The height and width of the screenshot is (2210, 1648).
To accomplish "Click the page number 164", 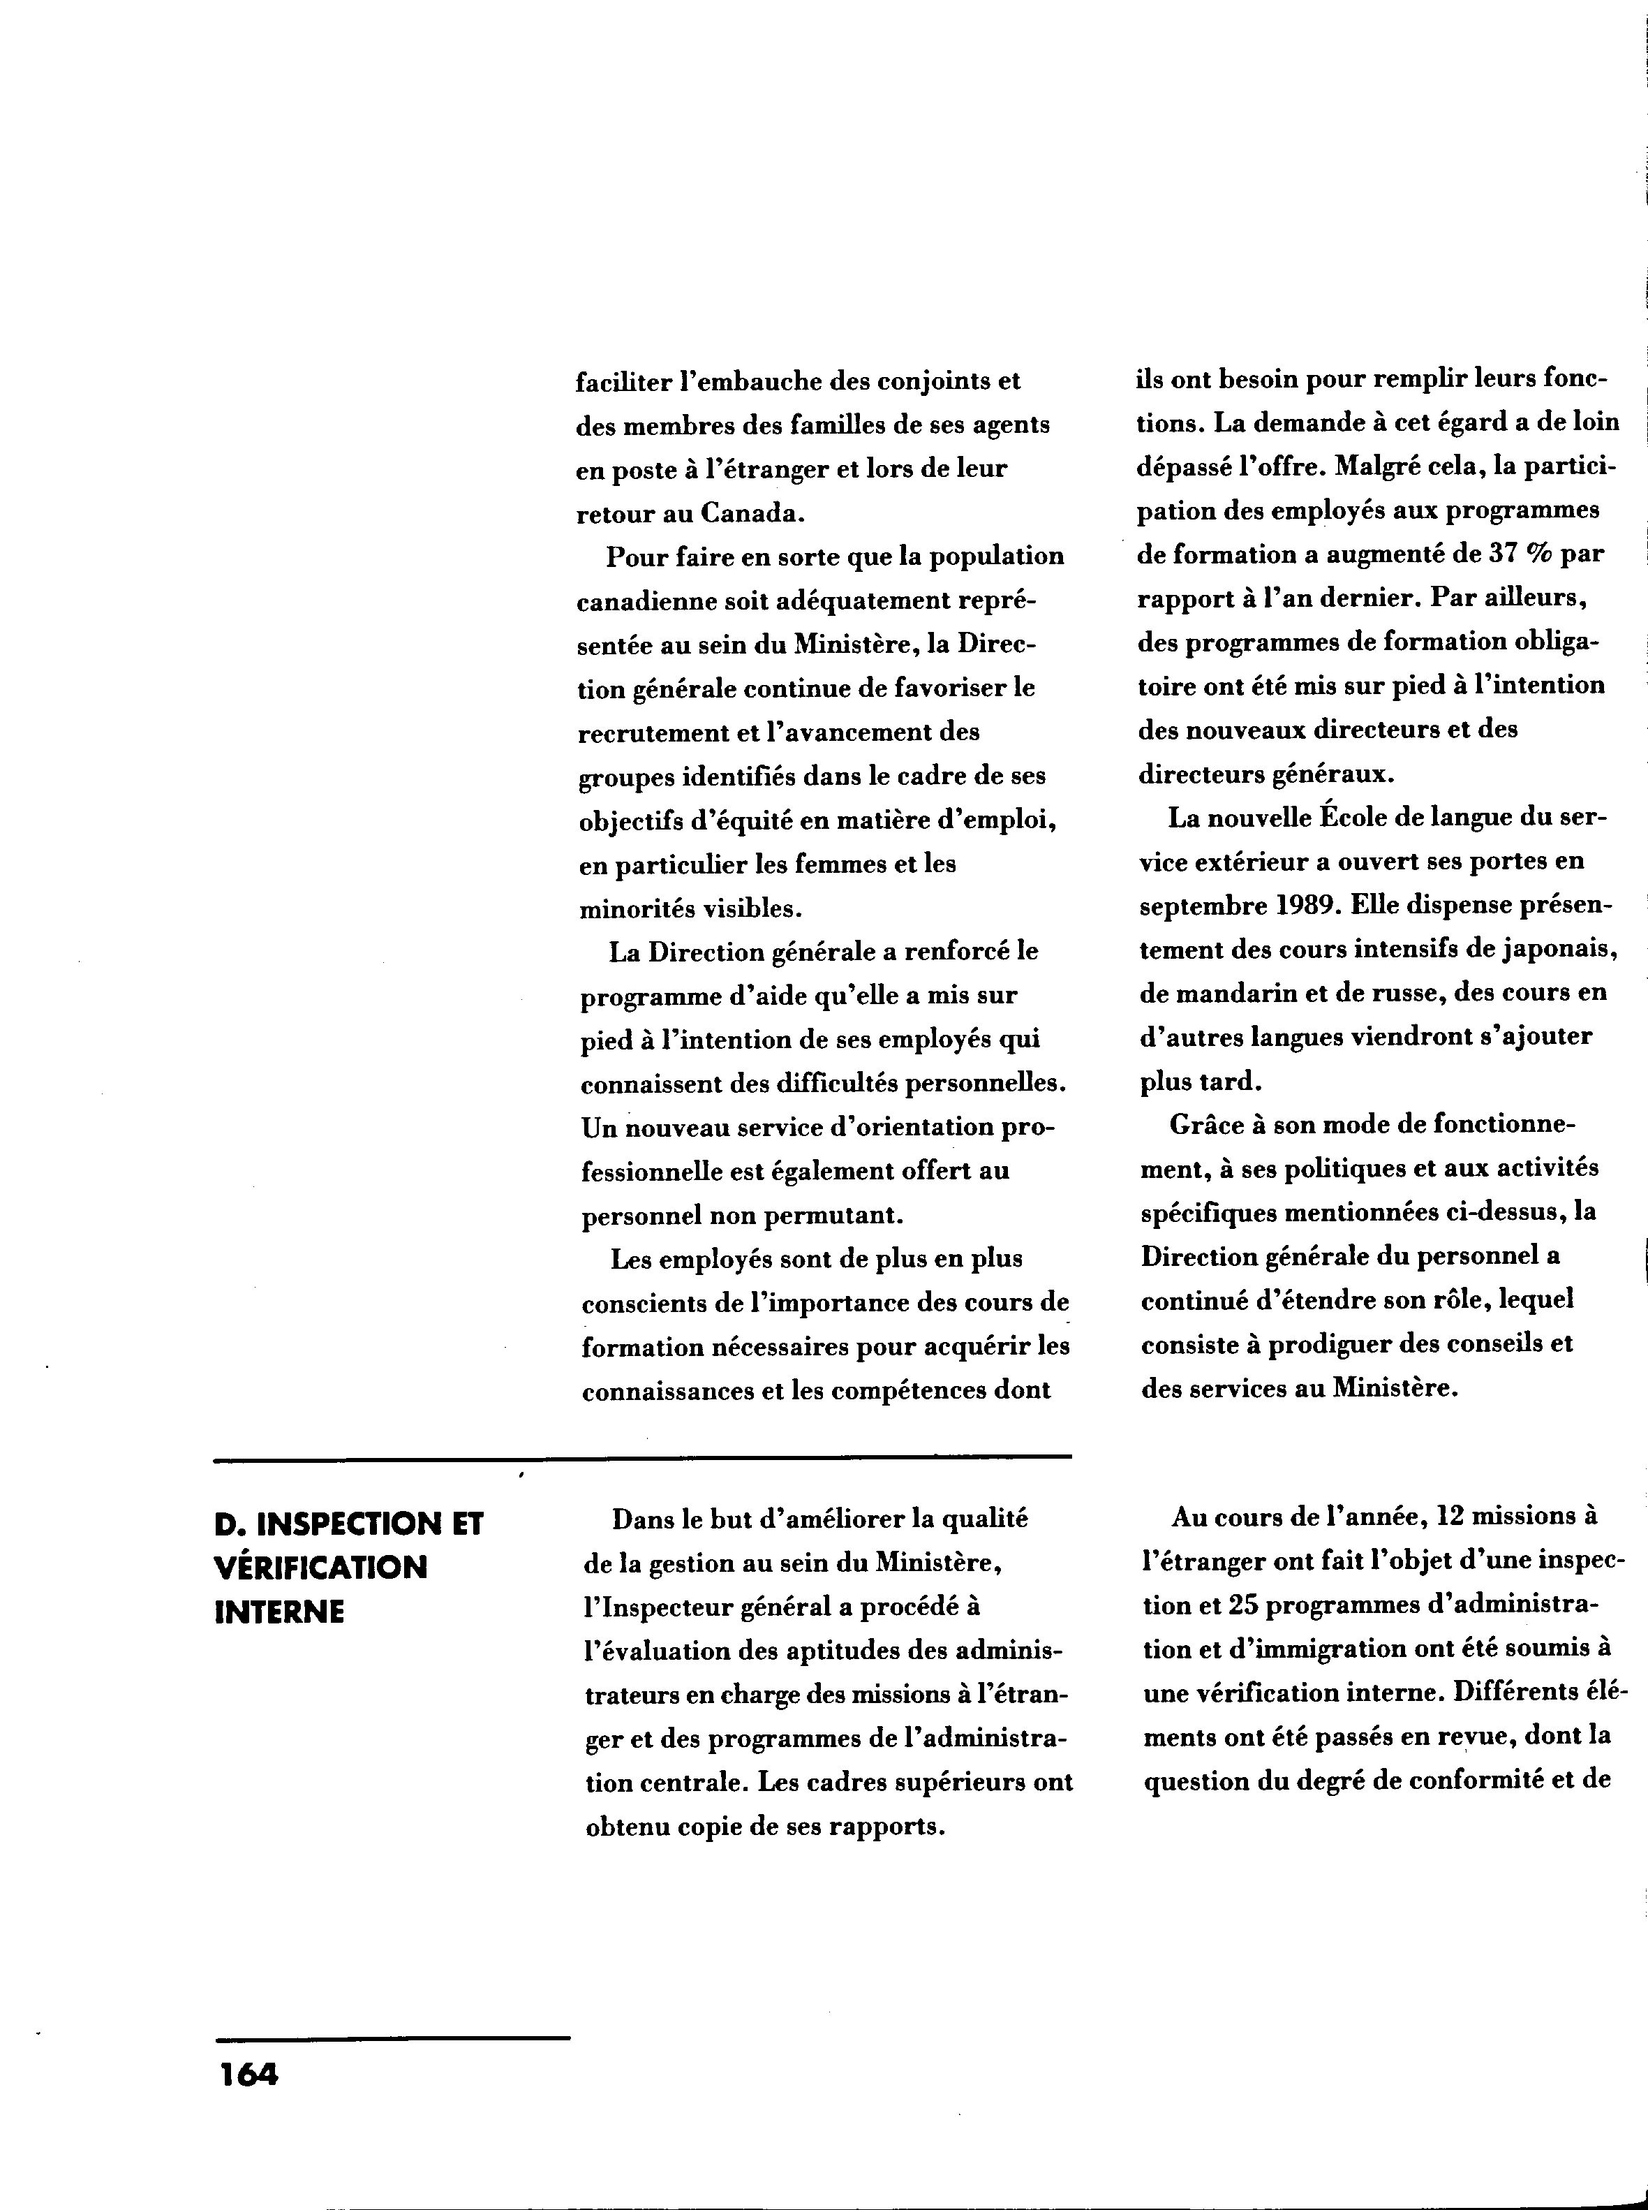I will click(x=249, y=2075).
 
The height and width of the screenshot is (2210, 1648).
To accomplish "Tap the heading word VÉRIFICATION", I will click(x=320, y=1568).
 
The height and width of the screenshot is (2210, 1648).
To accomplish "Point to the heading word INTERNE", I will click(x=279, y=1612).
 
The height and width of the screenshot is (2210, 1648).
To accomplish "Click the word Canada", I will click(x=750, y=514).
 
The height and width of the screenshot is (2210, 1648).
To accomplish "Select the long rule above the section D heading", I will click(x=642, y=1459).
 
